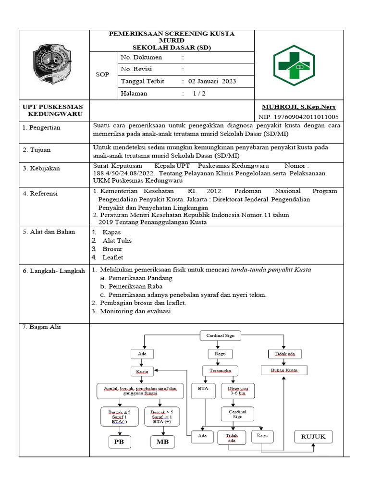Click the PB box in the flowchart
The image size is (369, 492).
(119, 441)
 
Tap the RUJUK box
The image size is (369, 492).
(313, 436)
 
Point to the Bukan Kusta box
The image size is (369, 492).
(284, 370)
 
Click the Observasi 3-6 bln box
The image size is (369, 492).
(238, 391)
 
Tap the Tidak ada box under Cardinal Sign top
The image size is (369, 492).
(284, 354)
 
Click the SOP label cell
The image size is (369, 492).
(102, 75)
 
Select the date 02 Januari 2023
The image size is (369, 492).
(212, 81)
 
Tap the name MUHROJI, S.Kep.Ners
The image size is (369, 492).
(298, 107)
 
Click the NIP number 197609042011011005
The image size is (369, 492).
(298, 117)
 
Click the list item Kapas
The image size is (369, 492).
(111, 232)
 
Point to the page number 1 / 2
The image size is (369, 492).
(199, 94)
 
